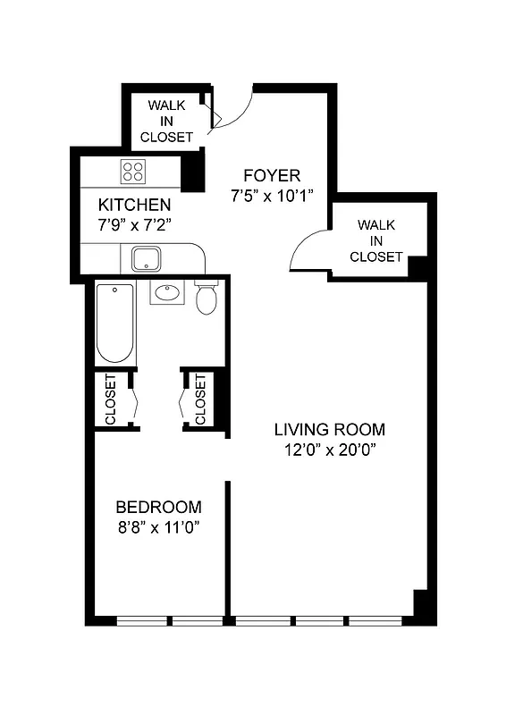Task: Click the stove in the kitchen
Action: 135,172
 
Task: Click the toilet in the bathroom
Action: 207,299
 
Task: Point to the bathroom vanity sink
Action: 166,291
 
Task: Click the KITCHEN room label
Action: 134,205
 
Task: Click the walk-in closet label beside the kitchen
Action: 166,122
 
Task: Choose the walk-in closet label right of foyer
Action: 375,240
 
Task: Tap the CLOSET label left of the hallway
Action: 111,399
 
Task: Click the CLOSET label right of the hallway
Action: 200,399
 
